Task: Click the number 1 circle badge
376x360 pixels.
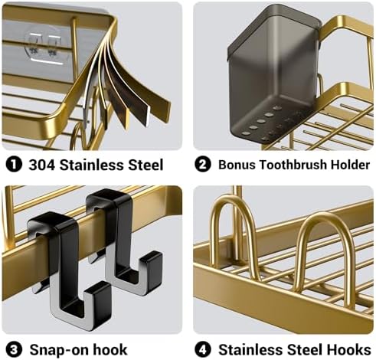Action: coord(14,165)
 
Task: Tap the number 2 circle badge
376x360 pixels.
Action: coord(203,165)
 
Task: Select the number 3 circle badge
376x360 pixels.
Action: coord(14,350)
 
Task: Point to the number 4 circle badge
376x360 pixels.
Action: coord(203,350)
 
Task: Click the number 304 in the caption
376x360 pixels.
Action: coord(41,165)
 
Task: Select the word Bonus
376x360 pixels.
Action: coord(237,165)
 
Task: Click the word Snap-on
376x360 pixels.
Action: coord(59,350)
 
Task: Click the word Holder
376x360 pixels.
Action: coord(350,165)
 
